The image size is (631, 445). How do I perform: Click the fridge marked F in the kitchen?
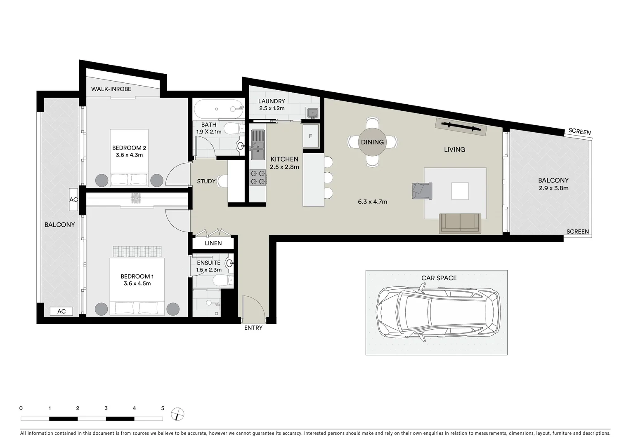(311, 136)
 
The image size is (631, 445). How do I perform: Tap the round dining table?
(372, 142)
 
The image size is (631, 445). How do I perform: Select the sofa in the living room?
(460, 223)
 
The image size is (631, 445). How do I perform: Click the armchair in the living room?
(421, 190)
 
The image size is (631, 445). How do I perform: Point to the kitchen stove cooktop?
(258, 178)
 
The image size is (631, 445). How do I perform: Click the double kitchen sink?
(258, 144)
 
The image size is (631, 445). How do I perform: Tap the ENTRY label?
(253, 328)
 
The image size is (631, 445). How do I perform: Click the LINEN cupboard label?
(213, 243)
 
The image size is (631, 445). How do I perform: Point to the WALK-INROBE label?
(111, 89)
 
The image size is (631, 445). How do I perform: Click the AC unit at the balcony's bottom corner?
(61, 311)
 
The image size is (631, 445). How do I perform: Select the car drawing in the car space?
(438, 312)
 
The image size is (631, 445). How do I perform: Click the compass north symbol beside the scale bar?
(177, 413)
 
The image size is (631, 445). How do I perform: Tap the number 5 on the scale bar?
(163, 408)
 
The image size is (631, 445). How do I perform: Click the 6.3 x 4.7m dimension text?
(372, 202)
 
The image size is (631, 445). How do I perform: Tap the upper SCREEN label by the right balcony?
(579, 132)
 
